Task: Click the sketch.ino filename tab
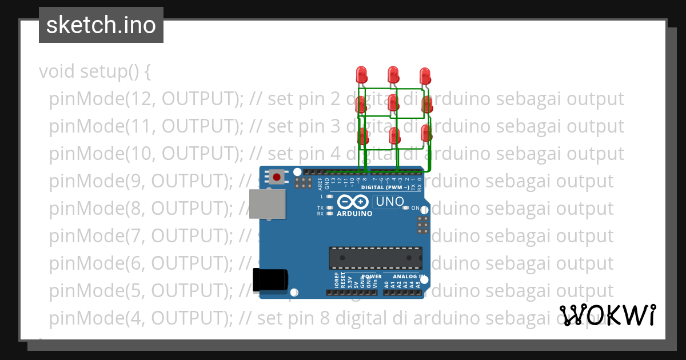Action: (101, 25)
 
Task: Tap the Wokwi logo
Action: (607, 315)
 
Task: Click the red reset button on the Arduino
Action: (277, 177)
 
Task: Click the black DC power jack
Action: (271, 279)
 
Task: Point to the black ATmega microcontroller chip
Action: (375, 258)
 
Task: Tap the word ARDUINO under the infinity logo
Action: (354, 214)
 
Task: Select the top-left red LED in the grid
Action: (361, 74)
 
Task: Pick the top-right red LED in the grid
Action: (425, 75)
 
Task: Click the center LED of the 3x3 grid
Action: (393, 103)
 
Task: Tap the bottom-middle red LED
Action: (393, 135)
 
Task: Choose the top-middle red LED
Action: (393, 74)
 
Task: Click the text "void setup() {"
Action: (95, 72)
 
